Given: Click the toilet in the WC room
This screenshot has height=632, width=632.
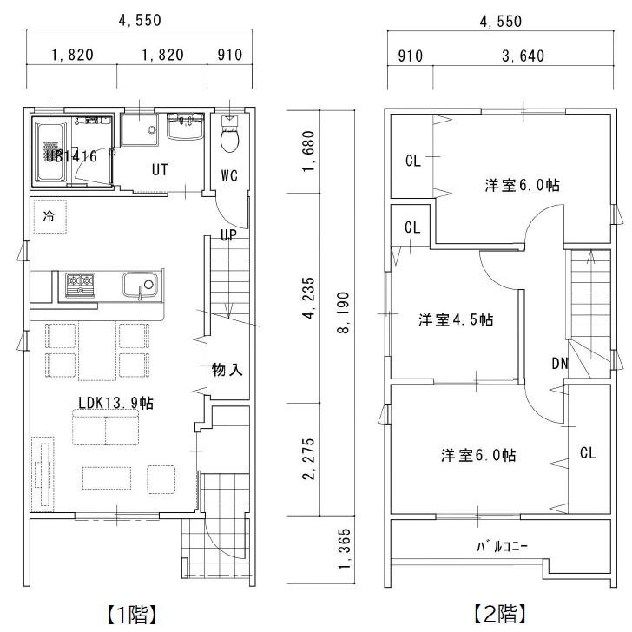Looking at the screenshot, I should coord(230,136).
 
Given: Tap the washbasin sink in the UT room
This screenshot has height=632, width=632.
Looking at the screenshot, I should coord(183,128).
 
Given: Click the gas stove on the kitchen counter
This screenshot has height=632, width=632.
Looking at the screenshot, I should coord(81,284).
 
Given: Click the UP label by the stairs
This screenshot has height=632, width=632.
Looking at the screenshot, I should coord(228,235).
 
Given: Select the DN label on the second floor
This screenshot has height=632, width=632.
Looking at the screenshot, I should coord(560,363).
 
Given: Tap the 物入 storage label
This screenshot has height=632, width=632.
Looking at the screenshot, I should coord(227,369).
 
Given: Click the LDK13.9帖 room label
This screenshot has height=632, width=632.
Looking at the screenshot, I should coord(115,403).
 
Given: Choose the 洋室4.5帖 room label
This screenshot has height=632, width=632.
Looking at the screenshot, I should coord(456,320).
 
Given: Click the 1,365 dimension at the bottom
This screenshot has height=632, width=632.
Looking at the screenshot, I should coord(344,551).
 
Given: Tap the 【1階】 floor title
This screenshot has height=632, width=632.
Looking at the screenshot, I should coord(132,615).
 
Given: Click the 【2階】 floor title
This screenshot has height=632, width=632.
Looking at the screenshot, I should coord(501,615).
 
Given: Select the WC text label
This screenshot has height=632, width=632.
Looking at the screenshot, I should coord(228,175).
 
